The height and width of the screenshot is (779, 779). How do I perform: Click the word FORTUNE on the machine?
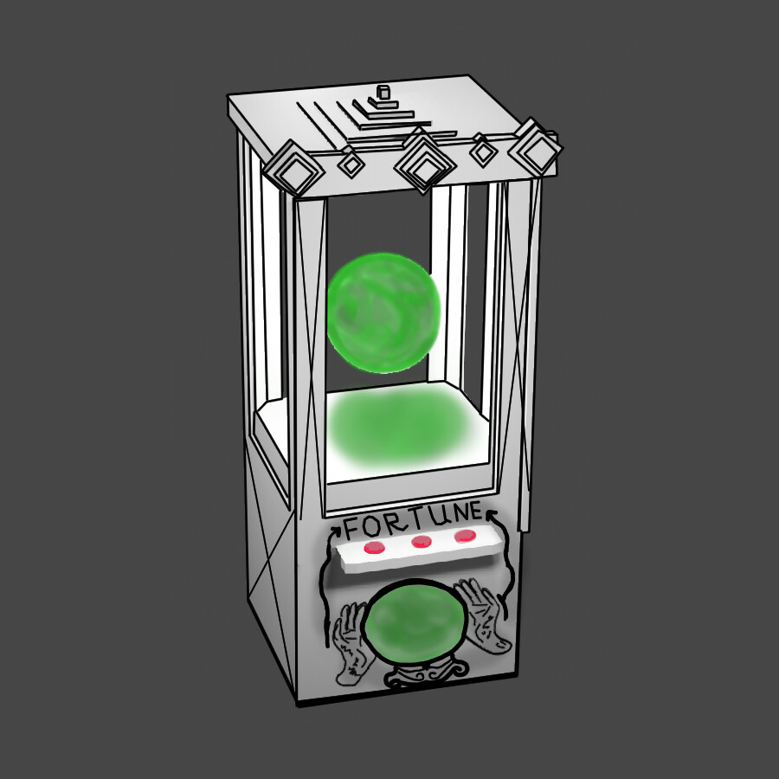pyautogui.click(x=413, y=523)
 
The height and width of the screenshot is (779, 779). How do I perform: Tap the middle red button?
pyautogui.click(x=422, y=542)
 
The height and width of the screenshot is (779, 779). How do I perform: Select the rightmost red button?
pyautogui.click(x=466, y=536)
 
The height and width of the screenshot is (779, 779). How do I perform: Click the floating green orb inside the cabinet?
pyautogui.click(x=383, y=311)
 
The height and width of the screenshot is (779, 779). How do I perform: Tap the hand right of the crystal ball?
pyautogui.click(x=482, y=617)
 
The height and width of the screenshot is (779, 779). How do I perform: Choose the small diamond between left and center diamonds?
pyautogui.click(x=350, y=162)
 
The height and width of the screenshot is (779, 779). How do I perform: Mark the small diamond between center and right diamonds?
pyautogui.click(x=482, y=152)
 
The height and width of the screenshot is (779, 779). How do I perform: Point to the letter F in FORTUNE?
pyautogui.click(x=352, y=527)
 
